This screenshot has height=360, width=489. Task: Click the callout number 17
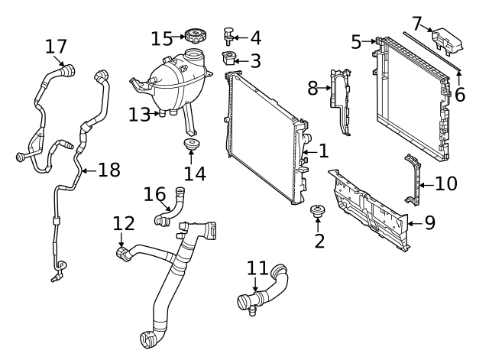point(56,47)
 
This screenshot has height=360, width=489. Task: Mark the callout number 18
point(108,170)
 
